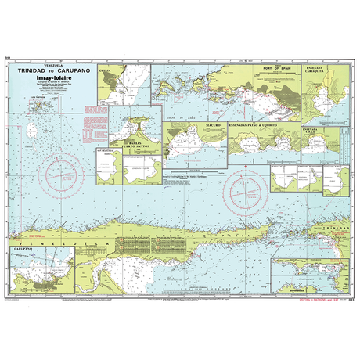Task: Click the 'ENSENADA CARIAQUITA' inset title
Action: [x=321, y=72]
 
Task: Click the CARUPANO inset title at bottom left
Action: [x=24, y=248]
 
